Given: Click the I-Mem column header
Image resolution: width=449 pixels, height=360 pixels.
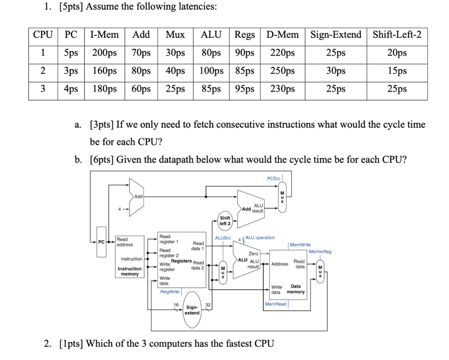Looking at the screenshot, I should tap(104, 35).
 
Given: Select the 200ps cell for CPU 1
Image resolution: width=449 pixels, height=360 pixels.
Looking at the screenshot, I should tap(104, 53).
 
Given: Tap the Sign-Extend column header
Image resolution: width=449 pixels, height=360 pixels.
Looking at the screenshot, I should tap(336, 35).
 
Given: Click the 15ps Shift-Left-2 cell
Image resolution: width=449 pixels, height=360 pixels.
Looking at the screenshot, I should tap(397, 71).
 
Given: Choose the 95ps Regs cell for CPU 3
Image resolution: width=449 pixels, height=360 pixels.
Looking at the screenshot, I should tap(245, 89).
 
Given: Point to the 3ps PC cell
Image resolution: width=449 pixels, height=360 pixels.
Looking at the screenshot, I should tap(71, 71).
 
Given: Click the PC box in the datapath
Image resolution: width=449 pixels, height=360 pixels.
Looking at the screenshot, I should tap(101, 242).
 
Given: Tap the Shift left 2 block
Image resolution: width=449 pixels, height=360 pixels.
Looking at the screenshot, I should tap(225, 221).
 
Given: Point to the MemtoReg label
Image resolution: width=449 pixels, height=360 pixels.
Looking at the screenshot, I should tap(320, 252).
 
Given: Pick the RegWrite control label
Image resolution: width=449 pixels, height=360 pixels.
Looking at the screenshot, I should tap(170, 291).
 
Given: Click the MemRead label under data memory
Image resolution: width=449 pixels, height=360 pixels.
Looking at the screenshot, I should tap(276, 304).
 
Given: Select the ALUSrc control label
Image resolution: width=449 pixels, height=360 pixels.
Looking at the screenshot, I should tap(223, 238).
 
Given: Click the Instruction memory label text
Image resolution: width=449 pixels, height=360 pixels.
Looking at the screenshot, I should tap(130, 271).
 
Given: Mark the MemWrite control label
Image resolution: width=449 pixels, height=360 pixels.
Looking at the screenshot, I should tap(300, 245).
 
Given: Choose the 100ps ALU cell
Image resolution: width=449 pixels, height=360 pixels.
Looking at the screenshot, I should tap(211, 71).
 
